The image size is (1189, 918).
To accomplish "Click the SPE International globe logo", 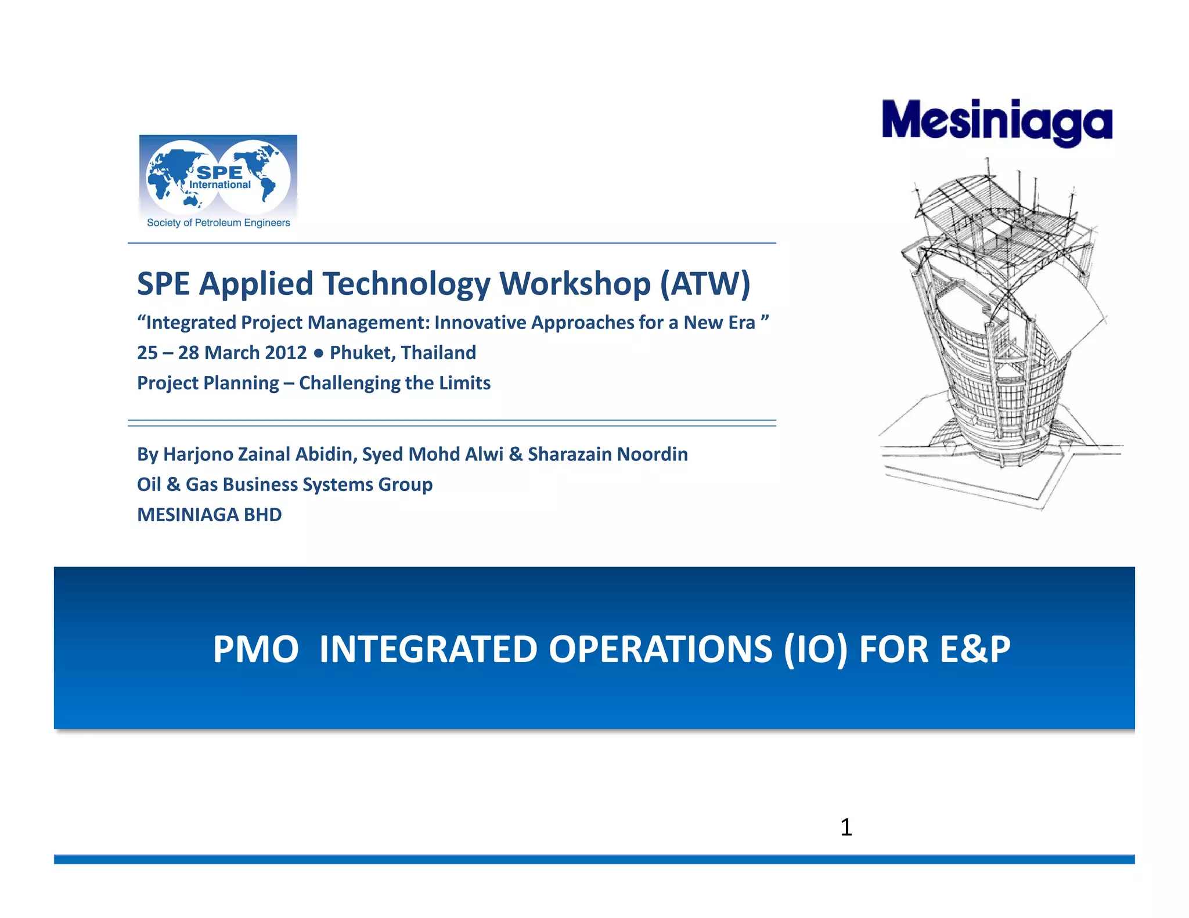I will pos(218,176).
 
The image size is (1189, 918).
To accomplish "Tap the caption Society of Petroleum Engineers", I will pos(218,223).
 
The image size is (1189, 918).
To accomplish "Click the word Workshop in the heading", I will pos(575,284).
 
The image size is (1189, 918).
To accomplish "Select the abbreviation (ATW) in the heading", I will pos(705,284).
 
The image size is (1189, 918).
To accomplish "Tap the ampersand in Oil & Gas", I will pos(173,485).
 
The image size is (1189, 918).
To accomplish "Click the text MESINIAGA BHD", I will pos(209,515).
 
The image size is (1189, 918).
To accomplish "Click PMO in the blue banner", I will pos(255,649).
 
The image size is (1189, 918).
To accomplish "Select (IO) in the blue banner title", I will pos(815,649).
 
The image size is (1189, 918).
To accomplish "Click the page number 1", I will pos(846,827).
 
